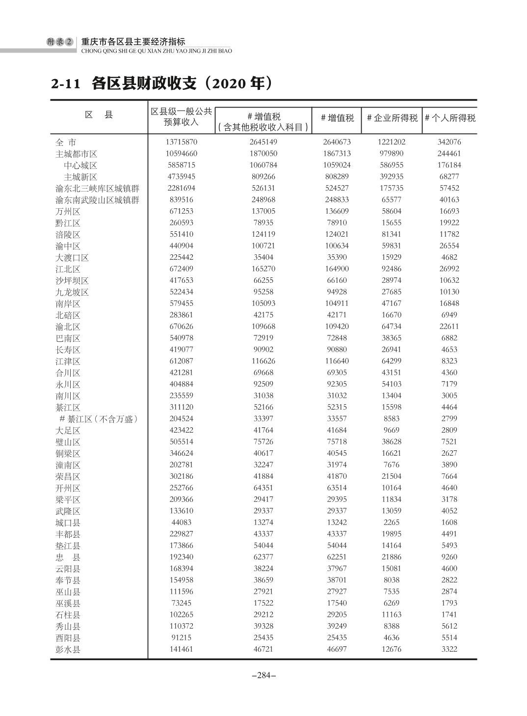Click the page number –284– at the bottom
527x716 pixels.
tap(263, 675)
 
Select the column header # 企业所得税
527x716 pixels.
tap(392, 118)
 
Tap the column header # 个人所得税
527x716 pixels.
tap(449, 118)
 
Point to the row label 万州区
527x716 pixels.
tap(68, 212)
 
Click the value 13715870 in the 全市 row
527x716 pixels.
tap(182, 142)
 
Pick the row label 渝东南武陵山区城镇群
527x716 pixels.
tap(97, 200)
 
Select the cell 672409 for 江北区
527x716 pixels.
tap(182, 269)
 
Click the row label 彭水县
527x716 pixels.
tap(68, 650)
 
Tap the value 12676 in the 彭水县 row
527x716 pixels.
tap(392, 649)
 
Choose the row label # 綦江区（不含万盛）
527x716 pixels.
tap(99, 419)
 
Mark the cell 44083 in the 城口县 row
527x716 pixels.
tap(182, 523)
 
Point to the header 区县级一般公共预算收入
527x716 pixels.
tap(182, 117)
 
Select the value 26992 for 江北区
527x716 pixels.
tap(449, 269)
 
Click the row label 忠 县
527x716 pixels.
tap(68, 557)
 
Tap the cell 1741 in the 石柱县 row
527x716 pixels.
tap(449, 615)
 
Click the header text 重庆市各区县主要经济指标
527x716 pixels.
tap(133, 42)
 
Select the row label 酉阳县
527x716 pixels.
tap(68, 638)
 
